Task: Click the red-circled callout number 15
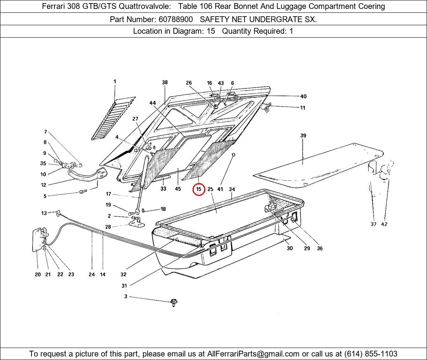pos(198,189)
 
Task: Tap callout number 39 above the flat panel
pos(303,135)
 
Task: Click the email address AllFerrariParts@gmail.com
pos(253,354)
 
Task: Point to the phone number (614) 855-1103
pos(371,354)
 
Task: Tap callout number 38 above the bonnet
pos(165,82)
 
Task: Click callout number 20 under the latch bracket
pos(38,275)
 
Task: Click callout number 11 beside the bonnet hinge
pos(302,108)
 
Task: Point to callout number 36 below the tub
pos(319,249)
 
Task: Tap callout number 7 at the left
pos(45,132)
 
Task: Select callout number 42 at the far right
pos(384,224)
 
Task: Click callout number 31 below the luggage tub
pos(124,286)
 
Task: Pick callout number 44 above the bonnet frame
pos(153,103)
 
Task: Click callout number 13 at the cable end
pos(44,213)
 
